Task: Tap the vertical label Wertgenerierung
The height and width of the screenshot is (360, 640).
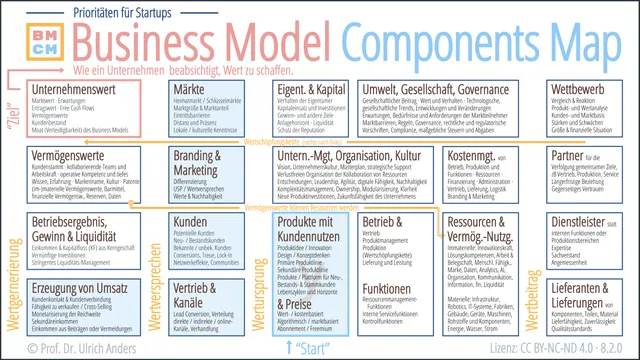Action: point(14,276)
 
